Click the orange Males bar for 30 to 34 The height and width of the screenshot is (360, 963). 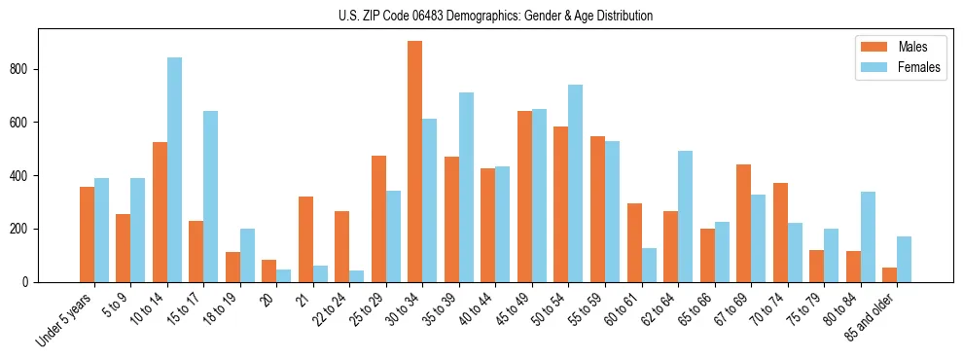click(x=415, y=162)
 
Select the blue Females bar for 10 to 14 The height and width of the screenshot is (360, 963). click(x=174, y=169)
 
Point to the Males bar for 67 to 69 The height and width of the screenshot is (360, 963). click(x=743, y=223)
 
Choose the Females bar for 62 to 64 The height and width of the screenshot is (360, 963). click(x=685, y=216)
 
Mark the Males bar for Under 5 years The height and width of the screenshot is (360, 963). click(x=87, y=234)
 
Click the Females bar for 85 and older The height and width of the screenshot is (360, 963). click(x=904, y=259)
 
